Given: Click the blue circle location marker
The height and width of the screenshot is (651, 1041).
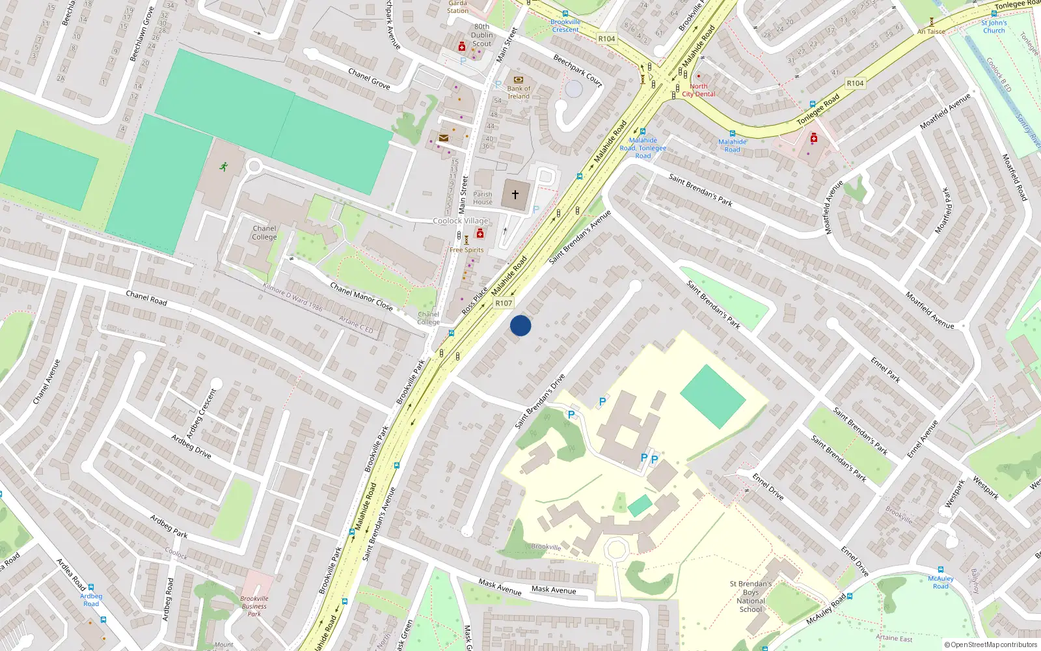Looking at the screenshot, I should (520, 325).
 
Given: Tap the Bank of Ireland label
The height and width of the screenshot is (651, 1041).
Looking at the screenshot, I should (519, 92).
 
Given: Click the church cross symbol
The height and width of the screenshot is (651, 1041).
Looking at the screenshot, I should (515, 195).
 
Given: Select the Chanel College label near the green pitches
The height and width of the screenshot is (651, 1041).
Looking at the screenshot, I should (264, 232).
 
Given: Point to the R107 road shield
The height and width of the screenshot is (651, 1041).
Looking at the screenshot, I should (504, 303).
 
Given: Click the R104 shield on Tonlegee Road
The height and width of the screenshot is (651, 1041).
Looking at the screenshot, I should (855, 83).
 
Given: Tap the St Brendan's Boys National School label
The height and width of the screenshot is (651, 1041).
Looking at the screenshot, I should (751, 596).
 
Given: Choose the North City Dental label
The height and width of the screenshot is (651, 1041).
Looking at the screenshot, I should (699, 90).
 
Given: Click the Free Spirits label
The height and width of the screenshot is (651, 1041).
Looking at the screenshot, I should (466, 250).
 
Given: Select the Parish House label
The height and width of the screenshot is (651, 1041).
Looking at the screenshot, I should (483, 198).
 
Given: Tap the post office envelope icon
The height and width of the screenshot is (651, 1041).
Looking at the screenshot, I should (443, 138).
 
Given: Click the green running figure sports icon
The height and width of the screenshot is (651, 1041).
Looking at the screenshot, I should (224, 167).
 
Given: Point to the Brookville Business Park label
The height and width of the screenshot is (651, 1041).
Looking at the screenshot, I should (254, 606).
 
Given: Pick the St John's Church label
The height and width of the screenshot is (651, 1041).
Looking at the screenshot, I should (994, 27).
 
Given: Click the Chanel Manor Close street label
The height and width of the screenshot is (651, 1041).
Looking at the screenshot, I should (361, 296).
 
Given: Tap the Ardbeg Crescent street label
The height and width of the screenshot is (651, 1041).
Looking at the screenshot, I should (201, 413).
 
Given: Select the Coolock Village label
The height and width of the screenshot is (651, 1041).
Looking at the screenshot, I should (461, 221).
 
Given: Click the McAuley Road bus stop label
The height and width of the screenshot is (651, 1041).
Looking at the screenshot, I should (941, 582).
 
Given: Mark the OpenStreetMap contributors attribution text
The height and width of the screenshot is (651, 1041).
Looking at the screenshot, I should (991, 644).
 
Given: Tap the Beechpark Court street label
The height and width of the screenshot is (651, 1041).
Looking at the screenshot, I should (578, 70).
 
